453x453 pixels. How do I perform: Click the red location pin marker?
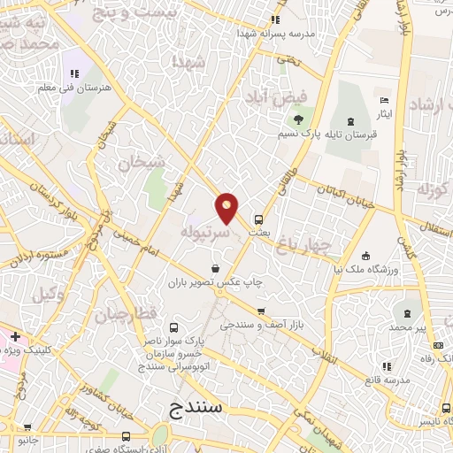coord(227,209)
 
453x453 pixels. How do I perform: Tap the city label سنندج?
coord(198,409)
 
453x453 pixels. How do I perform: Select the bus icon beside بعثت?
coord(258,219)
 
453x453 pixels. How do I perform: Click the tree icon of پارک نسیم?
coord(298,119)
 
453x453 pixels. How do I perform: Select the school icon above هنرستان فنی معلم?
coord(73,73)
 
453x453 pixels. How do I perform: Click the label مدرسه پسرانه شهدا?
coord(274,33)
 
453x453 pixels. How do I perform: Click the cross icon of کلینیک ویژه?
coord(15,336)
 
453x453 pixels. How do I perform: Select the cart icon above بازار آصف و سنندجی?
coord(260,311)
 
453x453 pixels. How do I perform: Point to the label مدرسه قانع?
coord(387,380)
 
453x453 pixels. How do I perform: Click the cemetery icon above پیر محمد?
coord(407,314)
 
